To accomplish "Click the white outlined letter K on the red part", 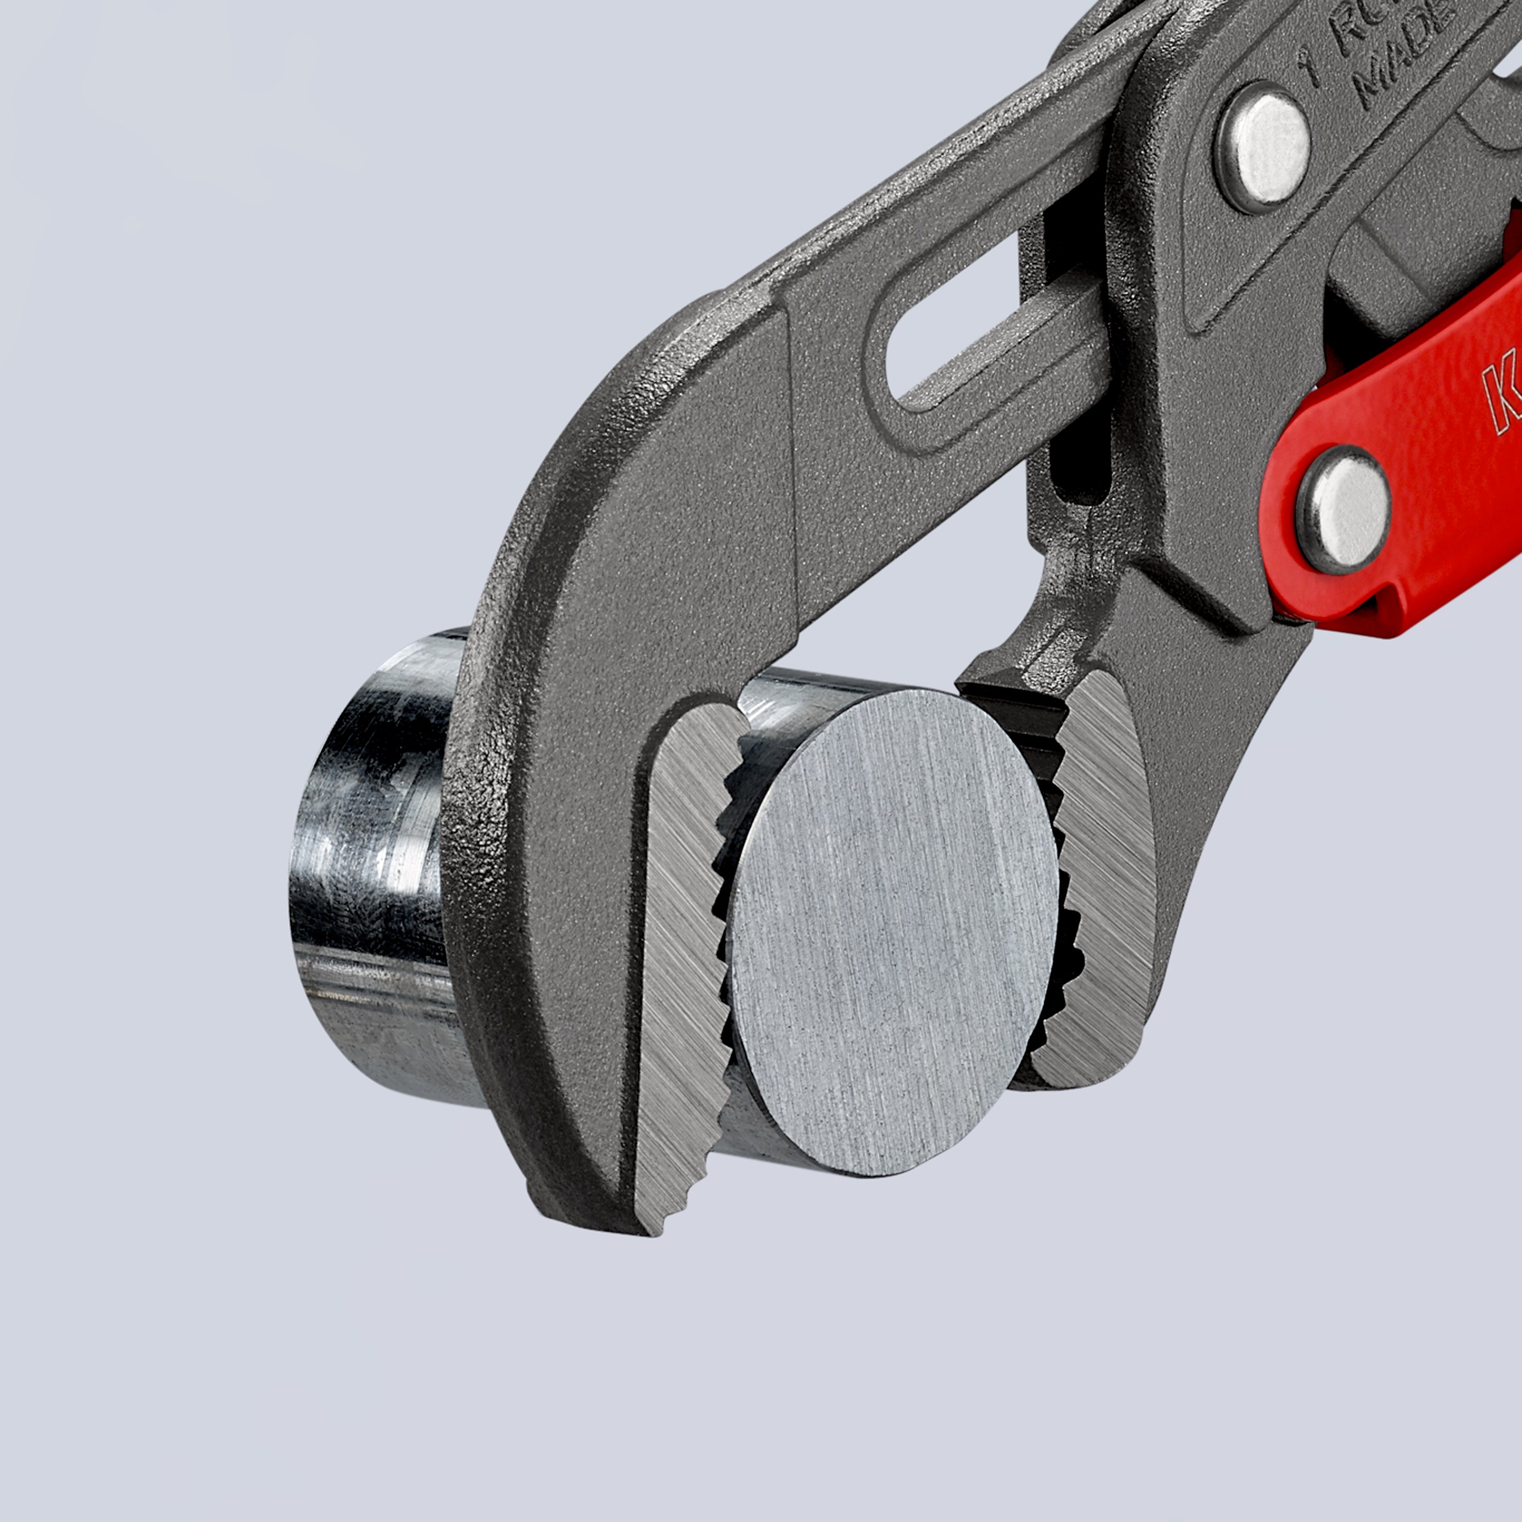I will pyautogui.click(x=1501, y=394).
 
